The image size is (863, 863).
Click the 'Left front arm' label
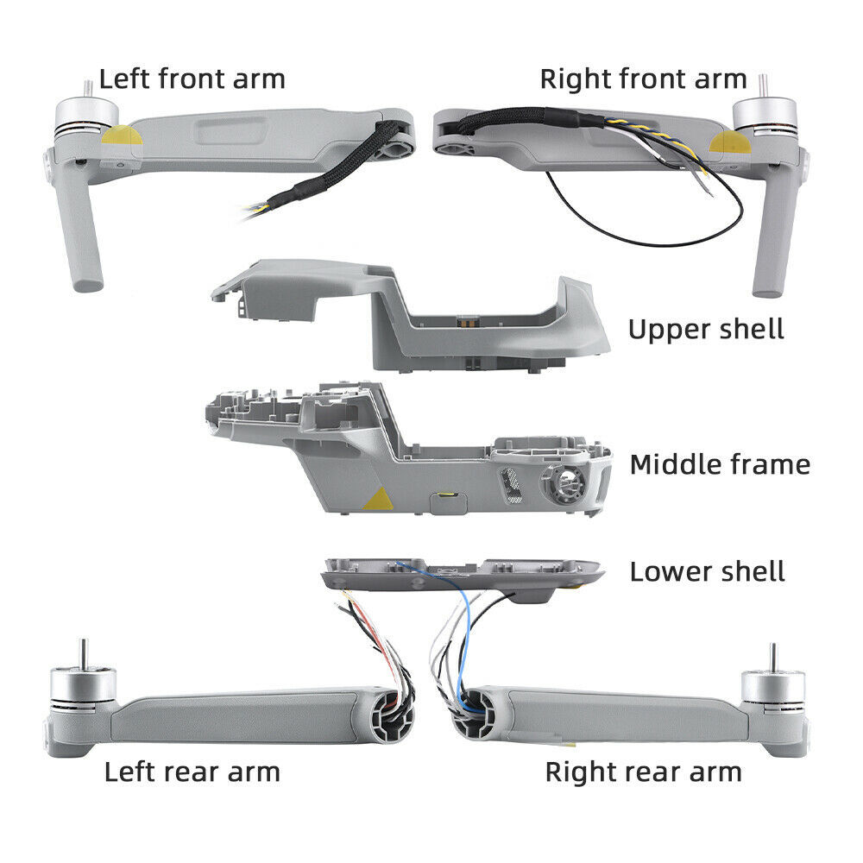coord(192,79)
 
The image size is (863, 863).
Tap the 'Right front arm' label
coord(643,79)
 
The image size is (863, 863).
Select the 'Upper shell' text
coord(706,329)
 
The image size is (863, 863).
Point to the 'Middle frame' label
coord(720,464)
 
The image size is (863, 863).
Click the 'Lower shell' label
coord(707,571)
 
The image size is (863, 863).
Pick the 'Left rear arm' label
coord(192,771)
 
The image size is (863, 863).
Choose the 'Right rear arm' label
coord(643,771)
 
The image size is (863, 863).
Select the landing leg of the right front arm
coord(766,246)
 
